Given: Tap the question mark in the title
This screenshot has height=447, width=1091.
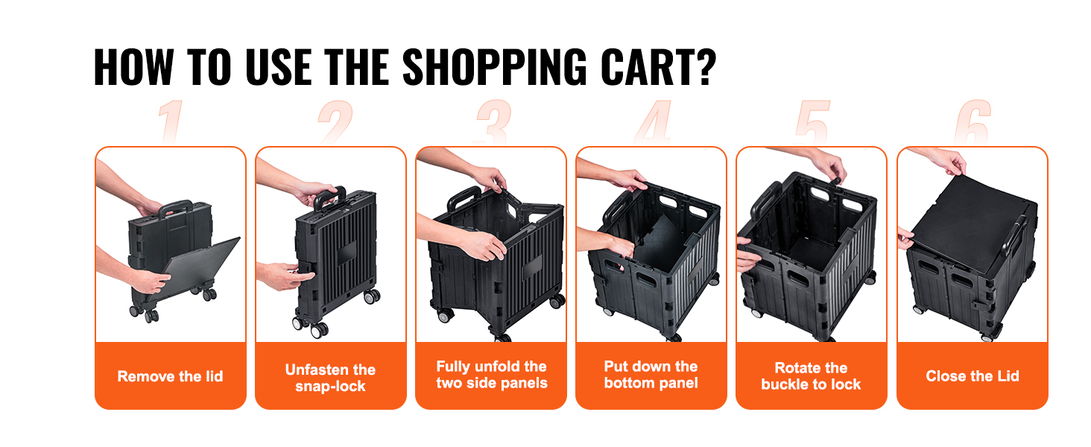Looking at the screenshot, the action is coord(705,67).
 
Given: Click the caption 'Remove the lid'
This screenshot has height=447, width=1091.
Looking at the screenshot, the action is coord(170,376).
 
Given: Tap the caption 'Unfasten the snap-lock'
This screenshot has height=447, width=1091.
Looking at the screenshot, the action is coord(330,378).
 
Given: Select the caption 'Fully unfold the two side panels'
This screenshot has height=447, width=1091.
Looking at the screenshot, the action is coord(491,375).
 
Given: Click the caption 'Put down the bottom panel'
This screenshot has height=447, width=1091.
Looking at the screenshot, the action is coord(651,375).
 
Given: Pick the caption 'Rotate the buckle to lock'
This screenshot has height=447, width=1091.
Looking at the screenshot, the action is coord(811,376).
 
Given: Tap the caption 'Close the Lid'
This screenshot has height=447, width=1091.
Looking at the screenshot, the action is coord(973,376).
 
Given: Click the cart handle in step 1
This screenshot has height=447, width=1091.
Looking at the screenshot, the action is coord(175,208).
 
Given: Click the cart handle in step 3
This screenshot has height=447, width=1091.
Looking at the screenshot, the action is coord(464,197).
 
